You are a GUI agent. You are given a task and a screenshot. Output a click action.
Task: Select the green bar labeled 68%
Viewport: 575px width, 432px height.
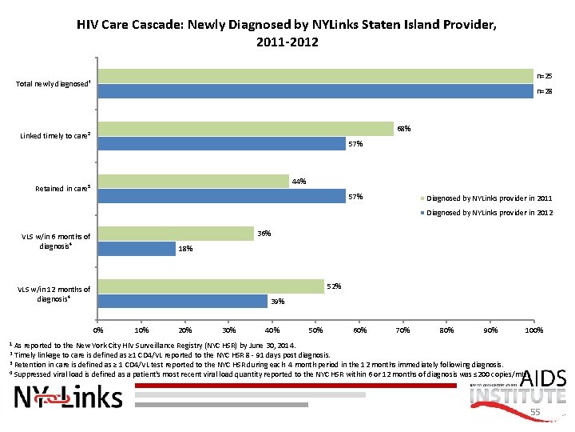[245, 129]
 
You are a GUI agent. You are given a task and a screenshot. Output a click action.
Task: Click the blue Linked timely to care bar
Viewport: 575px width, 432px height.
[221, 144]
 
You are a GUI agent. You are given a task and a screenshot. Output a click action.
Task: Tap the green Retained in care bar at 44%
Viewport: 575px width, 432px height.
[192, 182]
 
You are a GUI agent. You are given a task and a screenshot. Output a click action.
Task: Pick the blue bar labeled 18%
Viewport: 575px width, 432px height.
[136, 249]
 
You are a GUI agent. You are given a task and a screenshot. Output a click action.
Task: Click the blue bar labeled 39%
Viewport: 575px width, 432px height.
[182, 302]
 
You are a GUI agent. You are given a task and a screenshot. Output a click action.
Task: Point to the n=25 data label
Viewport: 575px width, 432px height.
[544, 76]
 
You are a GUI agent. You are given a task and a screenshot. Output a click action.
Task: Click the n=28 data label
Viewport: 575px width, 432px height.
[544, 91]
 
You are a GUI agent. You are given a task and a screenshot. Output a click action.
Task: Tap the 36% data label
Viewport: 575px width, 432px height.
[264, 234]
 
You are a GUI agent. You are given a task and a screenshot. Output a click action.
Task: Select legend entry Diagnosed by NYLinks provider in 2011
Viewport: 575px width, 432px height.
[489, 198]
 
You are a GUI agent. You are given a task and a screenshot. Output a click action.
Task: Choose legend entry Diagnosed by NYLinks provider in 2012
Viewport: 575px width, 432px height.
[489, 213]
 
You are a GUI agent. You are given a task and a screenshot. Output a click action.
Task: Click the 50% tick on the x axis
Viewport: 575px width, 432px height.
[315, 330]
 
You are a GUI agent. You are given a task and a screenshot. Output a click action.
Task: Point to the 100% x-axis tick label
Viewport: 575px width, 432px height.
[533, 330]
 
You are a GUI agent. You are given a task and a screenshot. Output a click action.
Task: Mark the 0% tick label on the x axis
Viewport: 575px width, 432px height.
[98, 330]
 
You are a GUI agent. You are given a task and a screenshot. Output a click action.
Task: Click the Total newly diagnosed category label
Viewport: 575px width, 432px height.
[54, 84]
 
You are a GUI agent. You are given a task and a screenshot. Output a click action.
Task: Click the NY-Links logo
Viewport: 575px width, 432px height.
[69, 397]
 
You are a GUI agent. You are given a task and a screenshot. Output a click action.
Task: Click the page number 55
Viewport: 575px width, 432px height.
[536, 413]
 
